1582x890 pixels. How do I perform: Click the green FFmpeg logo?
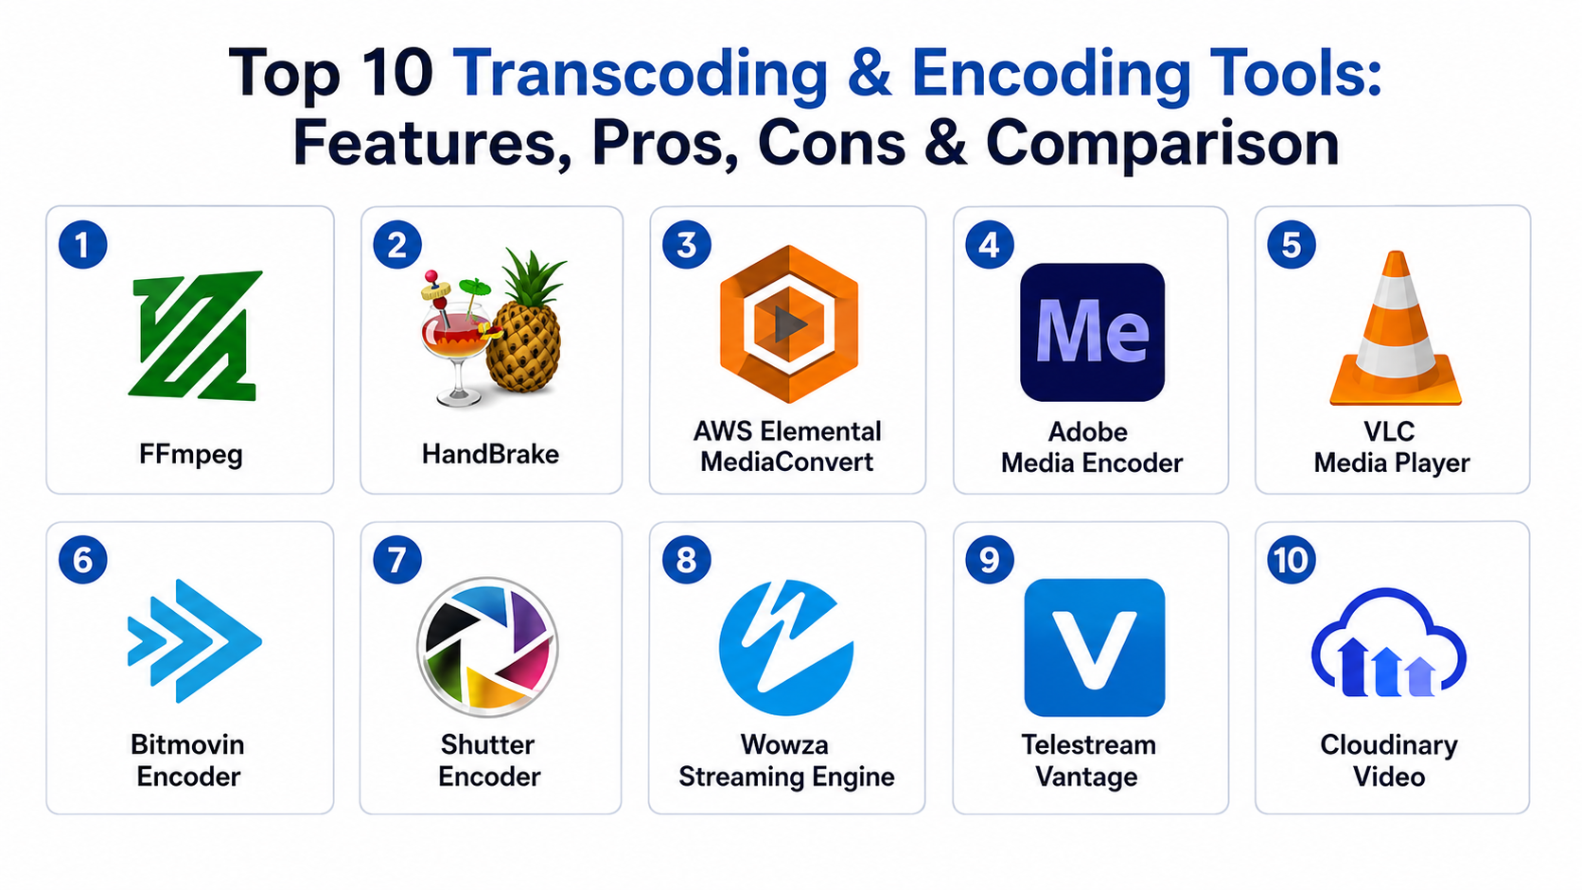click(194, 336)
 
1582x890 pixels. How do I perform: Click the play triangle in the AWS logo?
click(790, 324)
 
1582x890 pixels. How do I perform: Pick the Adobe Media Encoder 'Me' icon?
click(1092, 332)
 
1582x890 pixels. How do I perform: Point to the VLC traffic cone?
click(1395, 328)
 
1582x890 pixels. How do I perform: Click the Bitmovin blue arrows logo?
click(194, 641)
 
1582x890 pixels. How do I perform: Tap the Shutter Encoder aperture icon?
click(487, 647)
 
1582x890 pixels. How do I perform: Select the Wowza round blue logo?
click(786, 647)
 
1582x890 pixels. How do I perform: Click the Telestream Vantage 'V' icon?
click(1094, 647)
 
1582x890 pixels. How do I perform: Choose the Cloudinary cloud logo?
click(1388, 643)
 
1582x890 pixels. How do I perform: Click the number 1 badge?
click(82, 245)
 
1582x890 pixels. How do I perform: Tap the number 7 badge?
click(396, 560)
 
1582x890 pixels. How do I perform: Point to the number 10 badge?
click(1291, 560)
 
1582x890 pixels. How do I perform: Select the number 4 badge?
click(990, 245)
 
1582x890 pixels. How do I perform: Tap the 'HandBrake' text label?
click(490, 454)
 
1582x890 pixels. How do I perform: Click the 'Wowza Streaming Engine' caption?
click(786, 760)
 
